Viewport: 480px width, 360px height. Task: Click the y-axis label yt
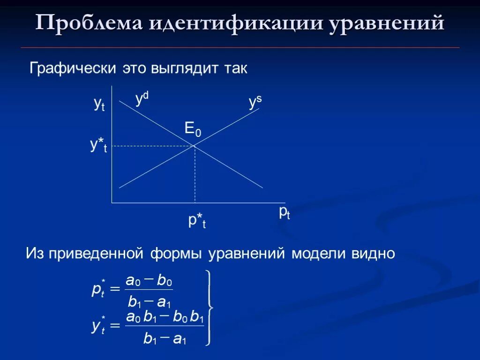click(99, 104)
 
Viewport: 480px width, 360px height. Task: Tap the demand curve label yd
click(142, 99)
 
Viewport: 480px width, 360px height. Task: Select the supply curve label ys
click(255, 102)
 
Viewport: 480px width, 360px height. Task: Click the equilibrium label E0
click(193, 129)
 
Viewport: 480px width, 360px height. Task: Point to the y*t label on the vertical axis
click(98, 146)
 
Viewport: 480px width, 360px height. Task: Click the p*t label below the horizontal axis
click(197, 220)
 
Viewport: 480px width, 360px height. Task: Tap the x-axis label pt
click(285, 212)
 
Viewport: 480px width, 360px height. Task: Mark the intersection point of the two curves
click(195, 146)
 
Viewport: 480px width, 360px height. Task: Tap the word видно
click(376, 254)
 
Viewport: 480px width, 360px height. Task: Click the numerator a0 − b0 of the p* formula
click(149, 281)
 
